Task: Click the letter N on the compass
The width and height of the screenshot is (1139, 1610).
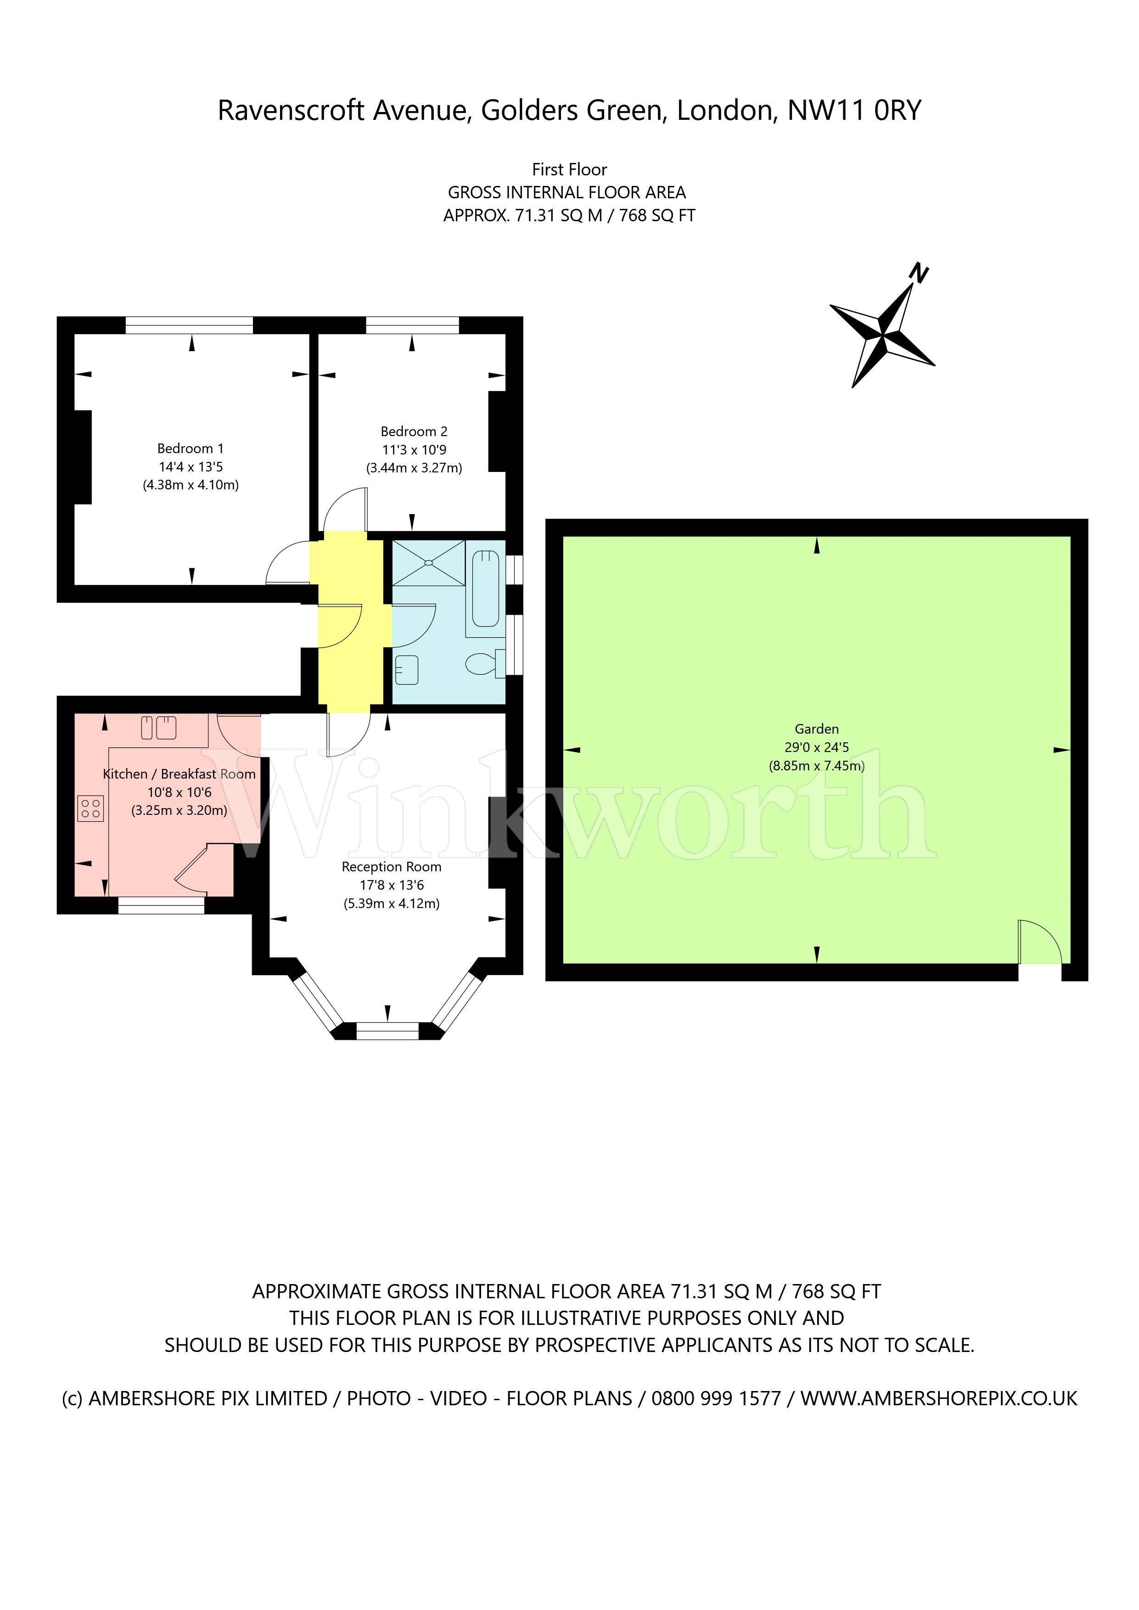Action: coord(918,272)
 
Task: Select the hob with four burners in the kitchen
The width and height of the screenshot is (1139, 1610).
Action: coord(90,808)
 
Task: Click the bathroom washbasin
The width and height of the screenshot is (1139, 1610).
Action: coord(407,670)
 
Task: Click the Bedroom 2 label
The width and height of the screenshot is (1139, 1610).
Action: coord(414,431)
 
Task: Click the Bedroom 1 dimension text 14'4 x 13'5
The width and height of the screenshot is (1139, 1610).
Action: coord(191,466)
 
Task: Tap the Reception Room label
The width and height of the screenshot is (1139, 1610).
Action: coord(391,867)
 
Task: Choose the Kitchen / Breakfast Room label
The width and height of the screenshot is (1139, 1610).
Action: coord(179,774)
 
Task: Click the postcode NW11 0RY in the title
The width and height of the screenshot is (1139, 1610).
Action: coord(854,110)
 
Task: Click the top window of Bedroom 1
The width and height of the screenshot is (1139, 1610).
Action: coord(189,325)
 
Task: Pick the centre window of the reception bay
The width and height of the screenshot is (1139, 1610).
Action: coord(388,1031)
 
